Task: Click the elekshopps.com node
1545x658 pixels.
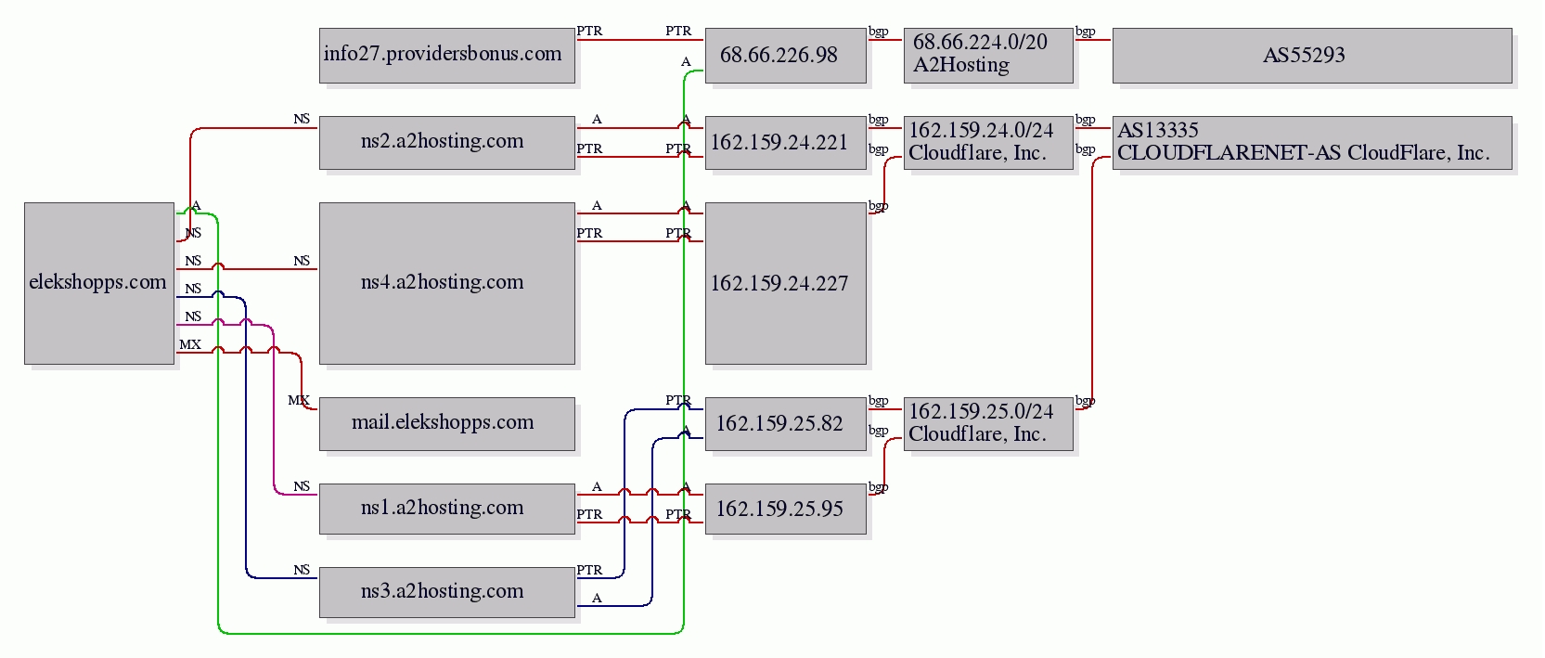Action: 99,283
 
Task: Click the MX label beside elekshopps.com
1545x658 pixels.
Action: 190,344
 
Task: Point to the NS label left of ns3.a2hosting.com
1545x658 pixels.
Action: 302,570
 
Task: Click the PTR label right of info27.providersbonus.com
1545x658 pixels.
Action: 589,31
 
